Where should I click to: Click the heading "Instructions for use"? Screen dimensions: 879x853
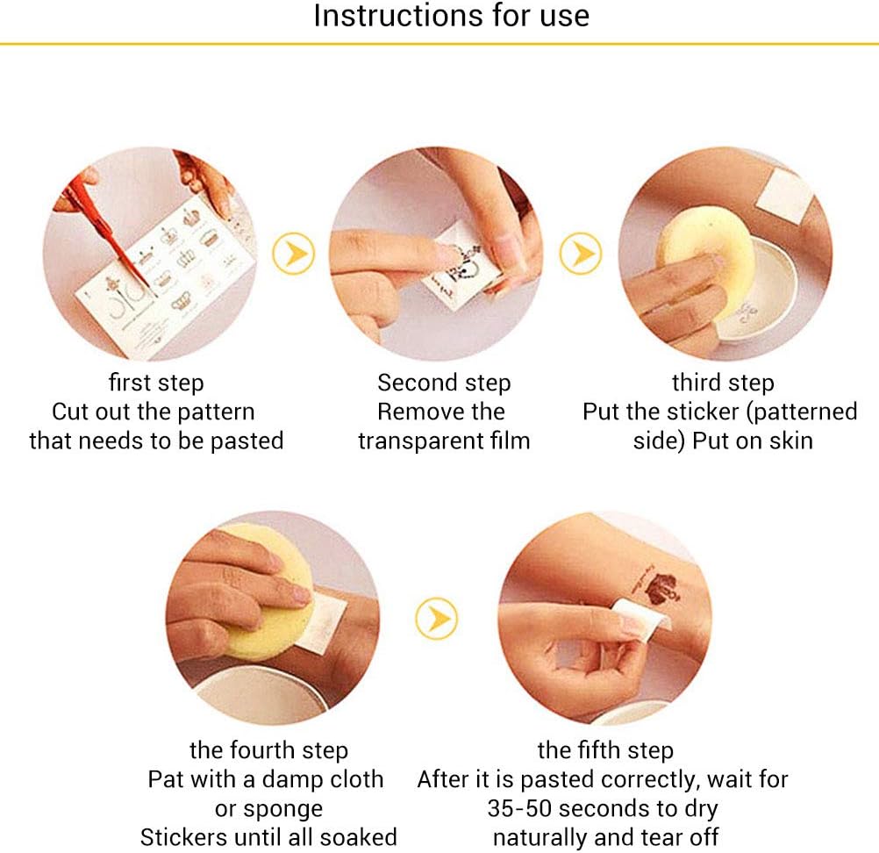451,16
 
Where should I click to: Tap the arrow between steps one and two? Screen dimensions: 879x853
293,254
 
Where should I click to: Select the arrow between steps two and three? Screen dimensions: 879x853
581,254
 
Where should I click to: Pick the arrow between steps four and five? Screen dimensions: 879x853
437,619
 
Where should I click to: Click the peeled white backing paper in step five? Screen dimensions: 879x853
643,619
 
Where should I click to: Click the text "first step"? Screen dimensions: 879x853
156,383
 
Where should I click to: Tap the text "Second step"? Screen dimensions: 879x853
444,383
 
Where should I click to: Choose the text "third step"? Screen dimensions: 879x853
723,383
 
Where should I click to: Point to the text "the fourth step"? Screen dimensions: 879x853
269,750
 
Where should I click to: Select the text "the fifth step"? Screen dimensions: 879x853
605,750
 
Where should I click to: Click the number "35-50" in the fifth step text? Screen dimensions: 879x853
519,809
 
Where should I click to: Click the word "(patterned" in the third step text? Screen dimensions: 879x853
802,412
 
